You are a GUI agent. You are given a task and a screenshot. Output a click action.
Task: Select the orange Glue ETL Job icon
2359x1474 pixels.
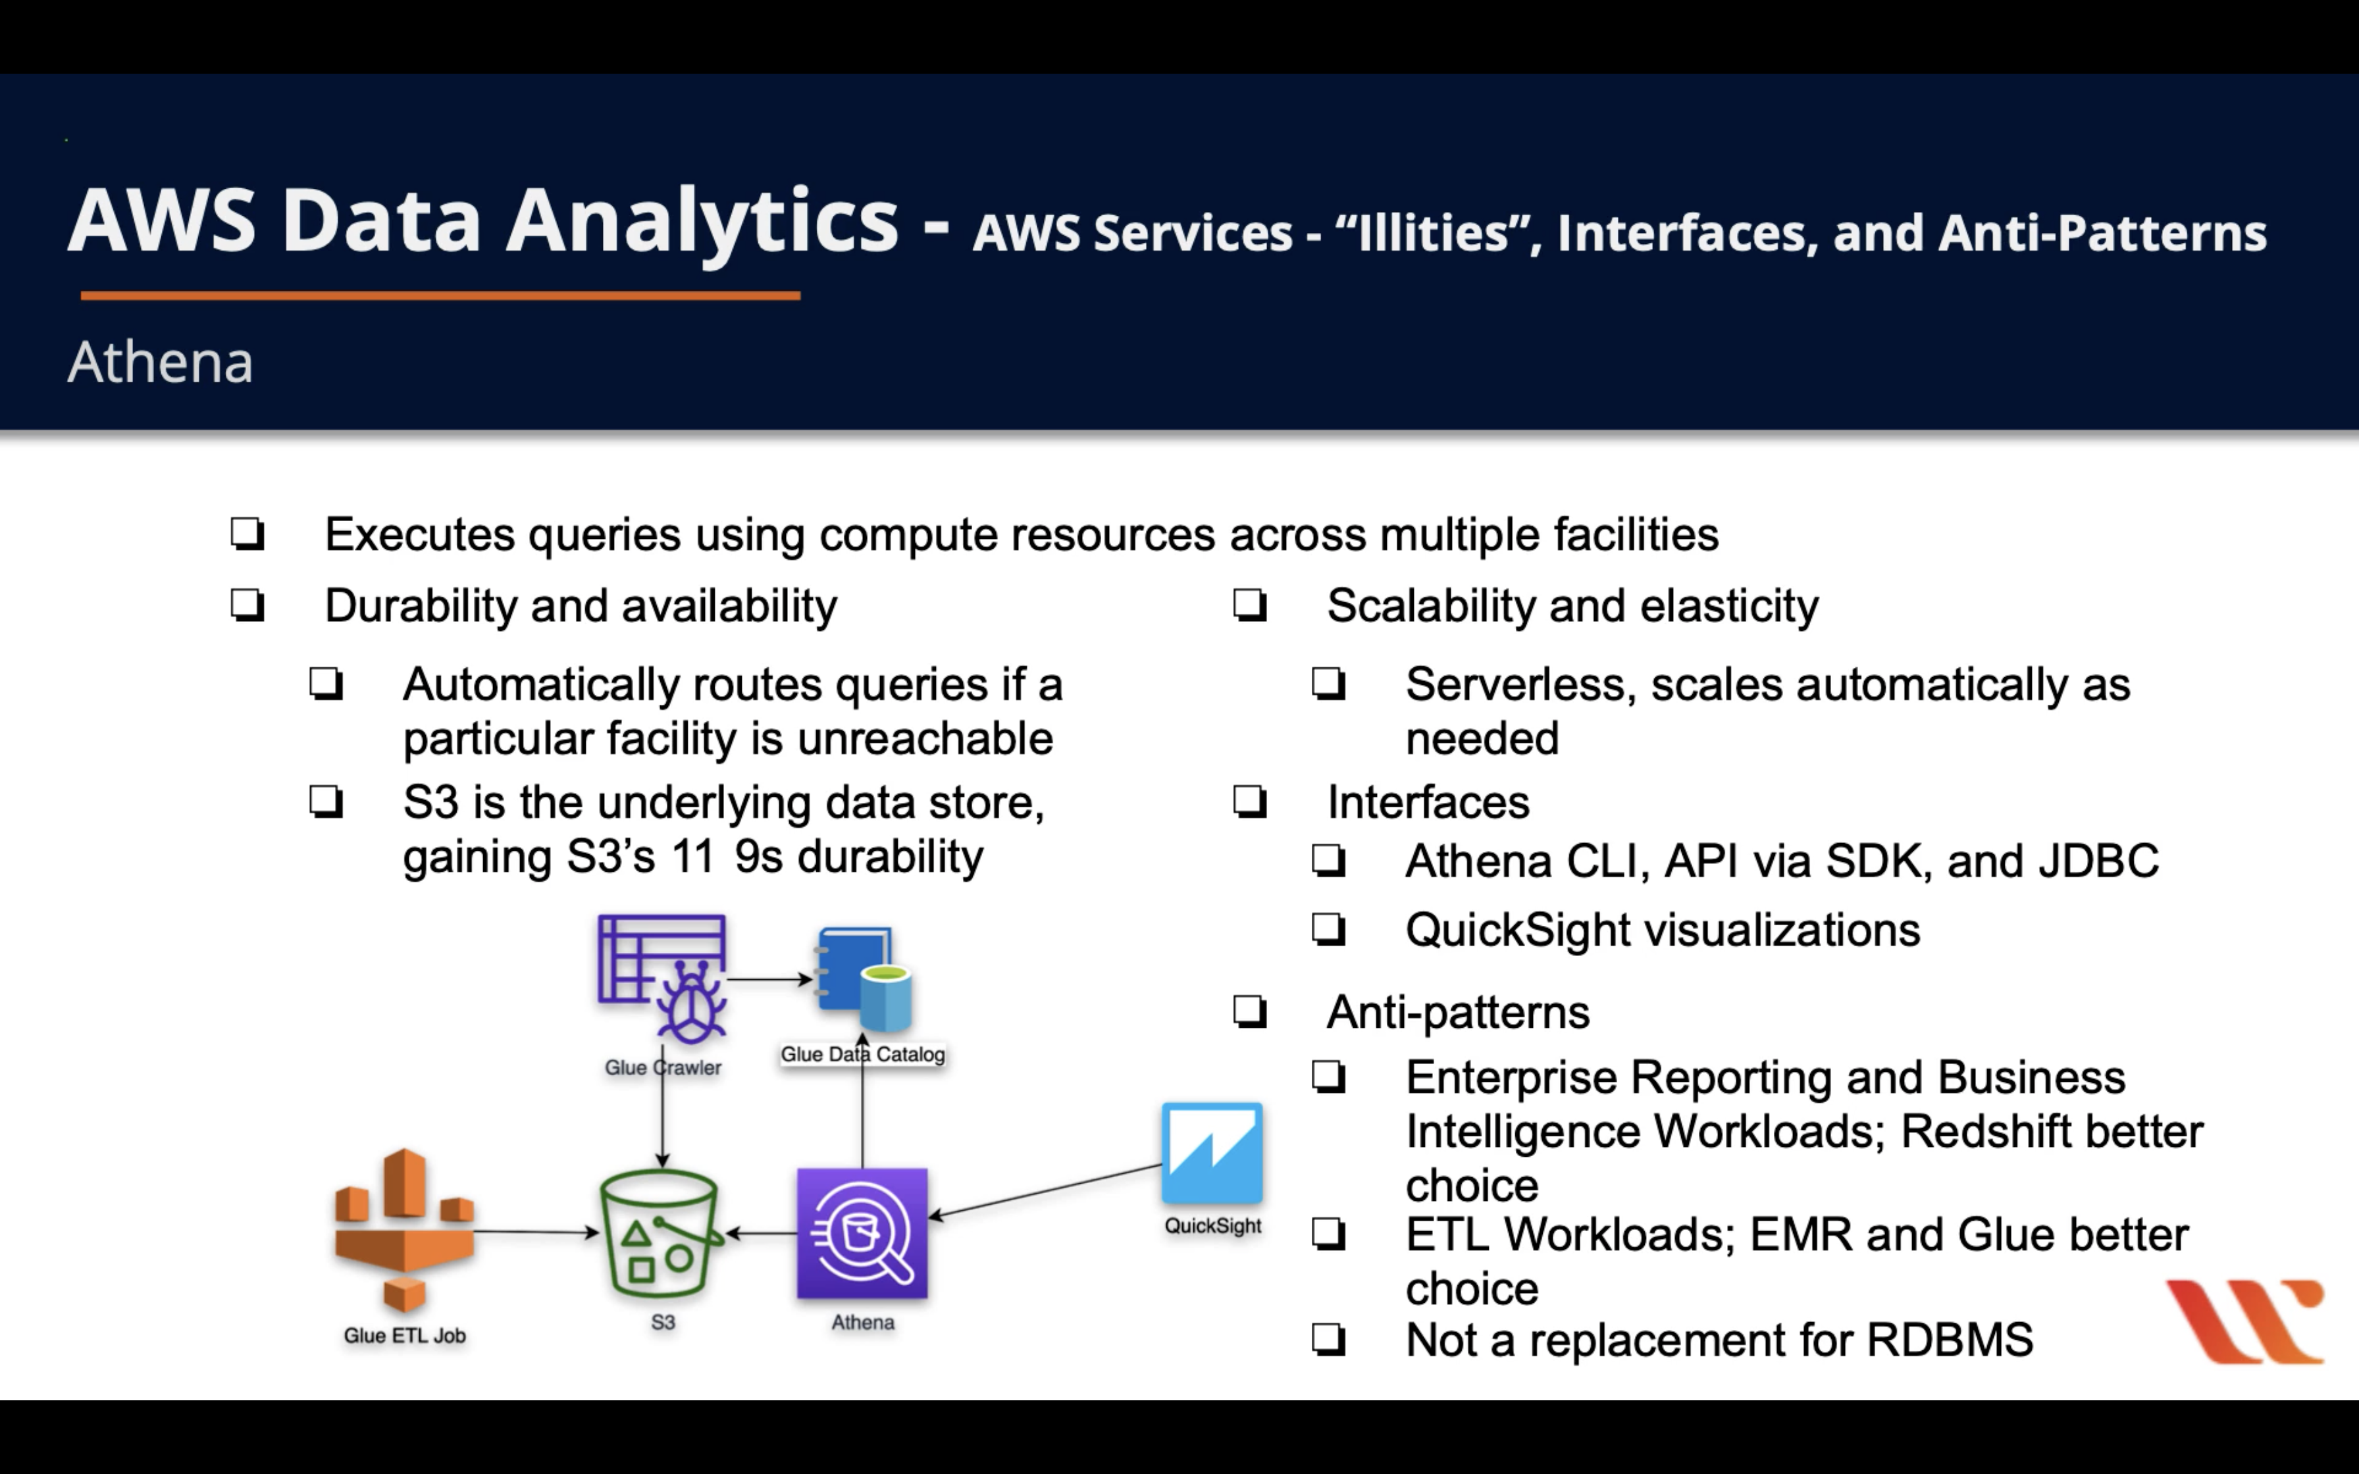(x=403, y=1231)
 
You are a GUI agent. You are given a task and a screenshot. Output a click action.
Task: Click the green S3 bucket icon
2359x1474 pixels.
(x=661, y=1234)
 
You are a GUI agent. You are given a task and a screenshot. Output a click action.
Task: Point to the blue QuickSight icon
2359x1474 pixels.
(x=1212, y=1154)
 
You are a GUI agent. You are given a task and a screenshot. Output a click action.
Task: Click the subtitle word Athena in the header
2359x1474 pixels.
(x=160, y=363)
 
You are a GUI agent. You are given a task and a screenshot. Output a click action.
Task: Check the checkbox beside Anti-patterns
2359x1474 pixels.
(x=1250, y=1012)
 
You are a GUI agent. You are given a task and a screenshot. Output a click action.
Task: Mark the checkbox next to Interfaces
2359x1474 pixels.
(x=1250, y=802)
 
